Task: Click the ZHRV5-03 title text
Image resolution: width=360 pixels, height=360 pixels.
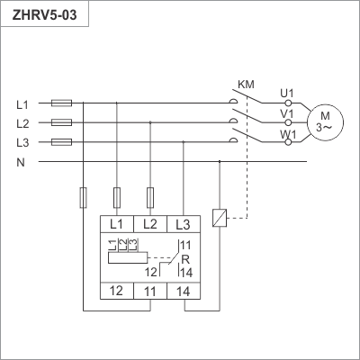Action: pyautogui.click(x=44, y=14)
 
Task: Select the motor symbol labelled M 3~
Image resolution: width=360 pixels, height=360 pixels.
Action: pyautogui.click(x=325, y=122)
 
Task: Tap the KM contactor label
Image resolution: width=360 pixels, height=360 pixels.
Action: pyautogui.click(x=246, y=85)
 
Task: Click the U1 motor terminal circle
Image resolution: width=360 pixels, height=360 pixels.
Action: pyautogui.click(x=288, y=103)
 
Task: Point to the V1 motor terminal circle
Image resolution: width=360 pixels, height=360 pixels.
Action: pyautogui.click(x=288, y=122)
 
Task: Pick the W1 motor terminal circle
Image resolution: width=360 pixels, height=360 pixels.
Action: pyautogui.click(x=288, y=142)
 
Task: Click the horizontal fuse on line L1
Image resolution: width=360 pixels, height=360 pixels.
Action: pyautogui.click(x=61, y=103)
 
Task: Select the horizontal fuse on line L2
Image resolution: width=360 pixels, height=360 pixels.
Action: pyautogui.click(x=61, y=122)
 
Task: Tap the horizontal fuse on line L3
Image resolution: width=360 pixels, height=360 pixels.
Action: pyautogui.click(x=61, y=142)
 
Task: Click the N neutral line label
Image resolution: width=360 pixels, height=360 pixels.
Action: pyautogui.click(x=21, y=163)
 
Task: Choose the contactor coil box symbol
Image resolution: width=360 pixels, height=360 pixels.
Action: pyautogui.click(x=220, y=218)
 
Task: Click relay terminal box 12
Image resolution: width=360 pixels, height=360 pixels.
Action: pyautogui.click(x=117, y=291)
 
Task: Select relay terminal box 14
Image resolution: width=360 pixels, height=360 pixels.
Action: pyautogui.click(x=184, y=291)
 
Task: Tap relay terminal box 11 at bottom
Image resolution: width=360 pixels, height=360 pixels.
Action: pyautogui.click(x=150, y=291)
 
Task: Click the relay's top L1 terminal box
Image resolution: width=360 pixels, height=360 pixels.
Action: pyautogui.click(x=117, y=224)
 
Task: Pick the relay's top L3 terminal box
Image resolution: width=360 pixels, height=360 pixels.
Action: pyautogui.click(x=184, y=224)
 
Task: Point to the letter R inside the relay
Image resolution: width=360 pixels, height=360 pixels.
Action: pyautogui.click(x=185, y=259)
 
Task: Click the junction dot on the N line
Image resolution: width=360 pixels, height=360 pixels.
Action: pyautogui.click(x=220, y=161)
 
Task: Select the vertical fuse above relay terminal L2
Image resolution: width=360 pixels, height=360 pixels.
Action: pyautogui.click(x=150, y=198)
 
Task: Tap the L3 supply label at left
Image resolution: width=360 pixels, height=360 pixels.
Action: pyautogui.click(x=22, y=143)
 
